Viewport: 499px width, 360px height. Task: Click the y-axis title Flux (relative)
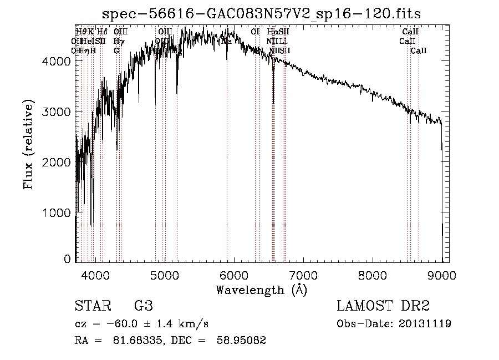[28, 145]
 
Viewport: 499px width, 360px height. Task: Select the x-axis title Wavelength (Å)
[262, 290]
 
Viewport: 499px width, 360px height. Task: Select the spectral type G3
[143, 306]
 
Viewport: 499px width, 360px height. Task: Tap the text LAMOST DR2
[383, 306]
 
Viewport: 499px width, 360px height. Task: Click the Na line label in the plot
[227, 41]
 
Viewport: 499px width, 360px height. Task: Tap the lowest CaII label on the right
[419, 50]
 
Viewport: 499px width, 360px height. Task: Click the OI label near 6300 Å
[255, 32]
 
